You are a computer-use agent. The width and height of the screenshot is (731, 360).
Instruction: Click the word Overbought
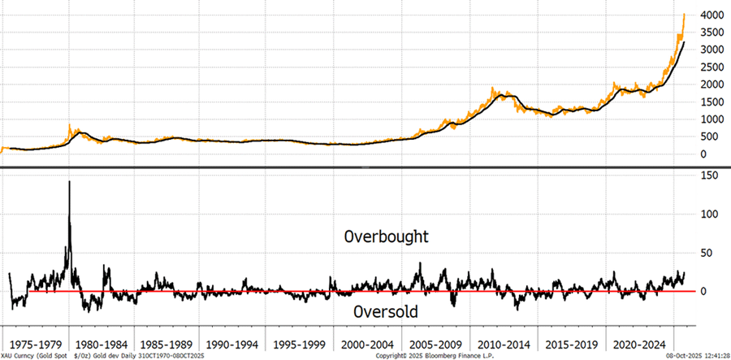pyautogui.click(x=386, y=237)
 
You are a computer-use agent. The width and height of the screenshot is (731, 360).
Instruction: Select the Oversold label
pyautogui.click(x=385, y=312)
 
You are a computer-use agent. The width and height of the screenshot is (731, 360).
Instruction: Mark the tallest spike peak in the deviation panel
pyautogui.click(x=69, y=181)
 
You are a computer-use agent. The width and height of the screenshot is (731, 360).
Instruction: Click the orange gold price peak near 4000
pyautogui.click(x=684, y=15)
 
